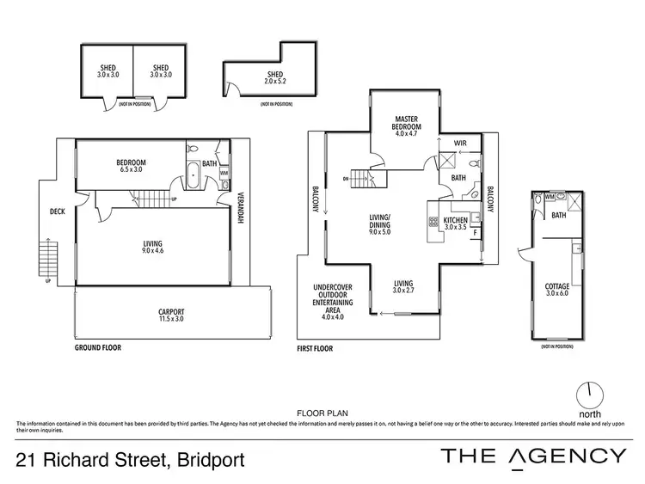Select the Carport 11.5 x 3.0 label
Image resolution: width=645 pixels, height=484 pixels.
click(171, 316)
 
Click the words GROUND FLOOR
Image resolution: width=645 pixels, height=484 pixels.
click(96, 348)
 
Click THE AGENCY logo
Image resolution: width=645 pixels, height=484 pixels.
click(533, 456)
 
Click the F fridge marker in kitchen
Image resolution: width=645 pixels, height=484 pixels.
click(475, 233)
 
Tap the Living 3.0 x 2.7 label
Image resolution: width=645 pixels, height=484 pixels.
click(403, 287)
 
